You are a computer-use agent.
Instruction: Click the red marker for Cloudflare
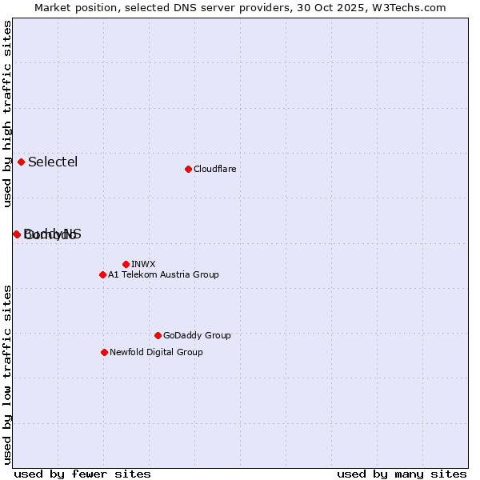[x=188, y=169]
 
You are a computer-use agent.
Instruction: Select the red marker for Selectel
[x=22, y=162]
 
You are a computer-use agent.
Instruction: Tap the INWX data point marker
[x=126, y=264]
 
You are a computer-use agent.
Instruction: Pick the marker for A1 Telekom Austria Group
[x=102, y=274]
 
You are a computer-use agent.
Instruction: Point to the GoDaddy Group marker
[x=158, y=335]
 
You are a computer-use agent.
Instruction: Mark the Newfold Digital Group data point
[x=104, y=352]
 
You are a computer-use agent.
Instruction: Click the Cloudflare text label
[x=214, y=169]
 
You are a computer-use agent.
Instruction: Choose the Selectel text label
[x=53, y=162]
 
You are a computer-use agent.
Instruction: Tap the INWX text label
[x=143, y=264]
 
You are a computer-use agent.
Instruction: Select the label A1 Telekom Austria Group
[x=163, y=274]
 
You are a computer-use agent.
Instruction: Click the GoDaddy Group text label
[x=197, y=335]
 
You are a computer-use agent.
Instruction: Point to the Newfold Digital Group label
[x=156, y=352]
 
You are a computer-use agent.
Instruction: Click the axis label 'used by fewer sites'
[x=82, y=474]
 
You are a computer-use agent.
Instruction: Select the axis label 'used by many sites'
[x=402, y=474]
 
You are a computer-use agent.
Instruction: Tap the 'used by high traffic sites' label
[x=7, y=114]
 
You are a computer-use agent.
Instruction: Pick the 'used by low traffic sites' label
[x=7, y=374]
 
